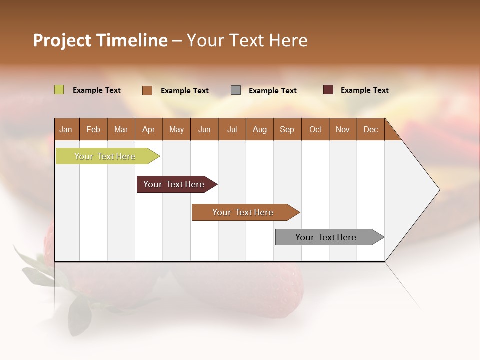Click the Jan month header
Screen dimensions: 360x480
click(66, 129)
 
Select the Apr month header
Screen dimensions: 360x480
click(149, 129)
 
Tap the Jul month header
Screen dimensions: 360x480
click(232, 129)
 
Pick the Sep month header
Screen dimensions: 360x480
click(287, 129)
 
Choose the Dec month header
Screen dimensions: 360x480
click(370, 129)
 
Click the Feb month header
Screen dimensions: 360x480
click(93, 129)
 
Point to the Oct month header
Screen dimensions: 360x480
click(315, 129)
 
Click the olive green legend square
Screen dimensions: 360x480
click(59, 90)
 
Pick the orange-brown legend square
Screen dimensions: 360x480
click(147, 90)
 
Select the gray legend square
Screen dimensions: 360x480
click(236, 90)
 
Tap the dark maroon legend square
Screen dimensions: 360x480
click(328, 90)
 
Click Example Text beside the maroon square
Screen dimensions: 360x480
click(364, 90)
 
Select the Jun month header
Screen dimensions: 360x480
click(204, 129)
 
